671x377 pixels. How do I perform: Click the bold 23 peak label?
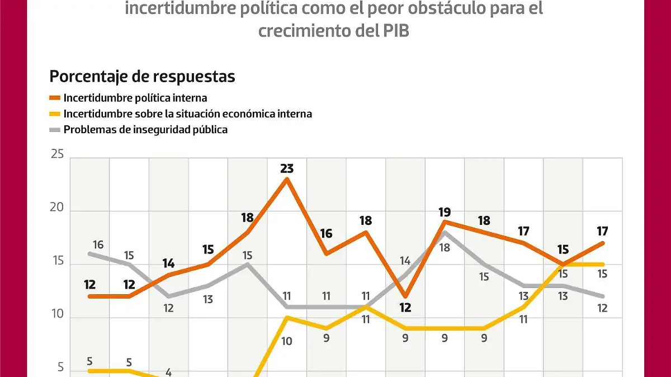(287, 168)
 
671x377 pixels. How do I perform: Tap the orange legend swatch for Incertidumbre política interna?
(55, 98)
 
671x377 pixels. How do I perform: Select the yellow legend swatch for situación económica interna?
(55, 114)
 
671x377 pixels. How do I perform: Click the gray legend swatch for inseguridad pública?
(55, 130)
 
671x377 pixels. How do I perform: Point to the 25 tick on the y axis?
(57, 155)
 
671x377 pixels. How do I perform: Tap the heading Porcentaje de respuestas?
(142, 76)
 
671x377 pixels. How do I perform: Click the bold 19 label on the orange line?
(445, 213)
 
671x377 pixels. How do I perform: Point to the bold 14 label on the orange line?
(168, 263)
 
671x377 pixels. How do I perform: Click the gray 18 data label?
(445, 247)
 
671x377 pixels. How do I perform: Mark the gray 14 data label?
(405, 260)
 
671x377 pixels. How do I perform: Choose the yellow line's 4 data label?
(168, 372)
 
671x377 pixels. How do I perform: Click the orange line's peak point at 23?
(287, 179)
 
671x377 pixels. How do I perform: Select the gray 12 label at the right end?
(602, 308)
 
